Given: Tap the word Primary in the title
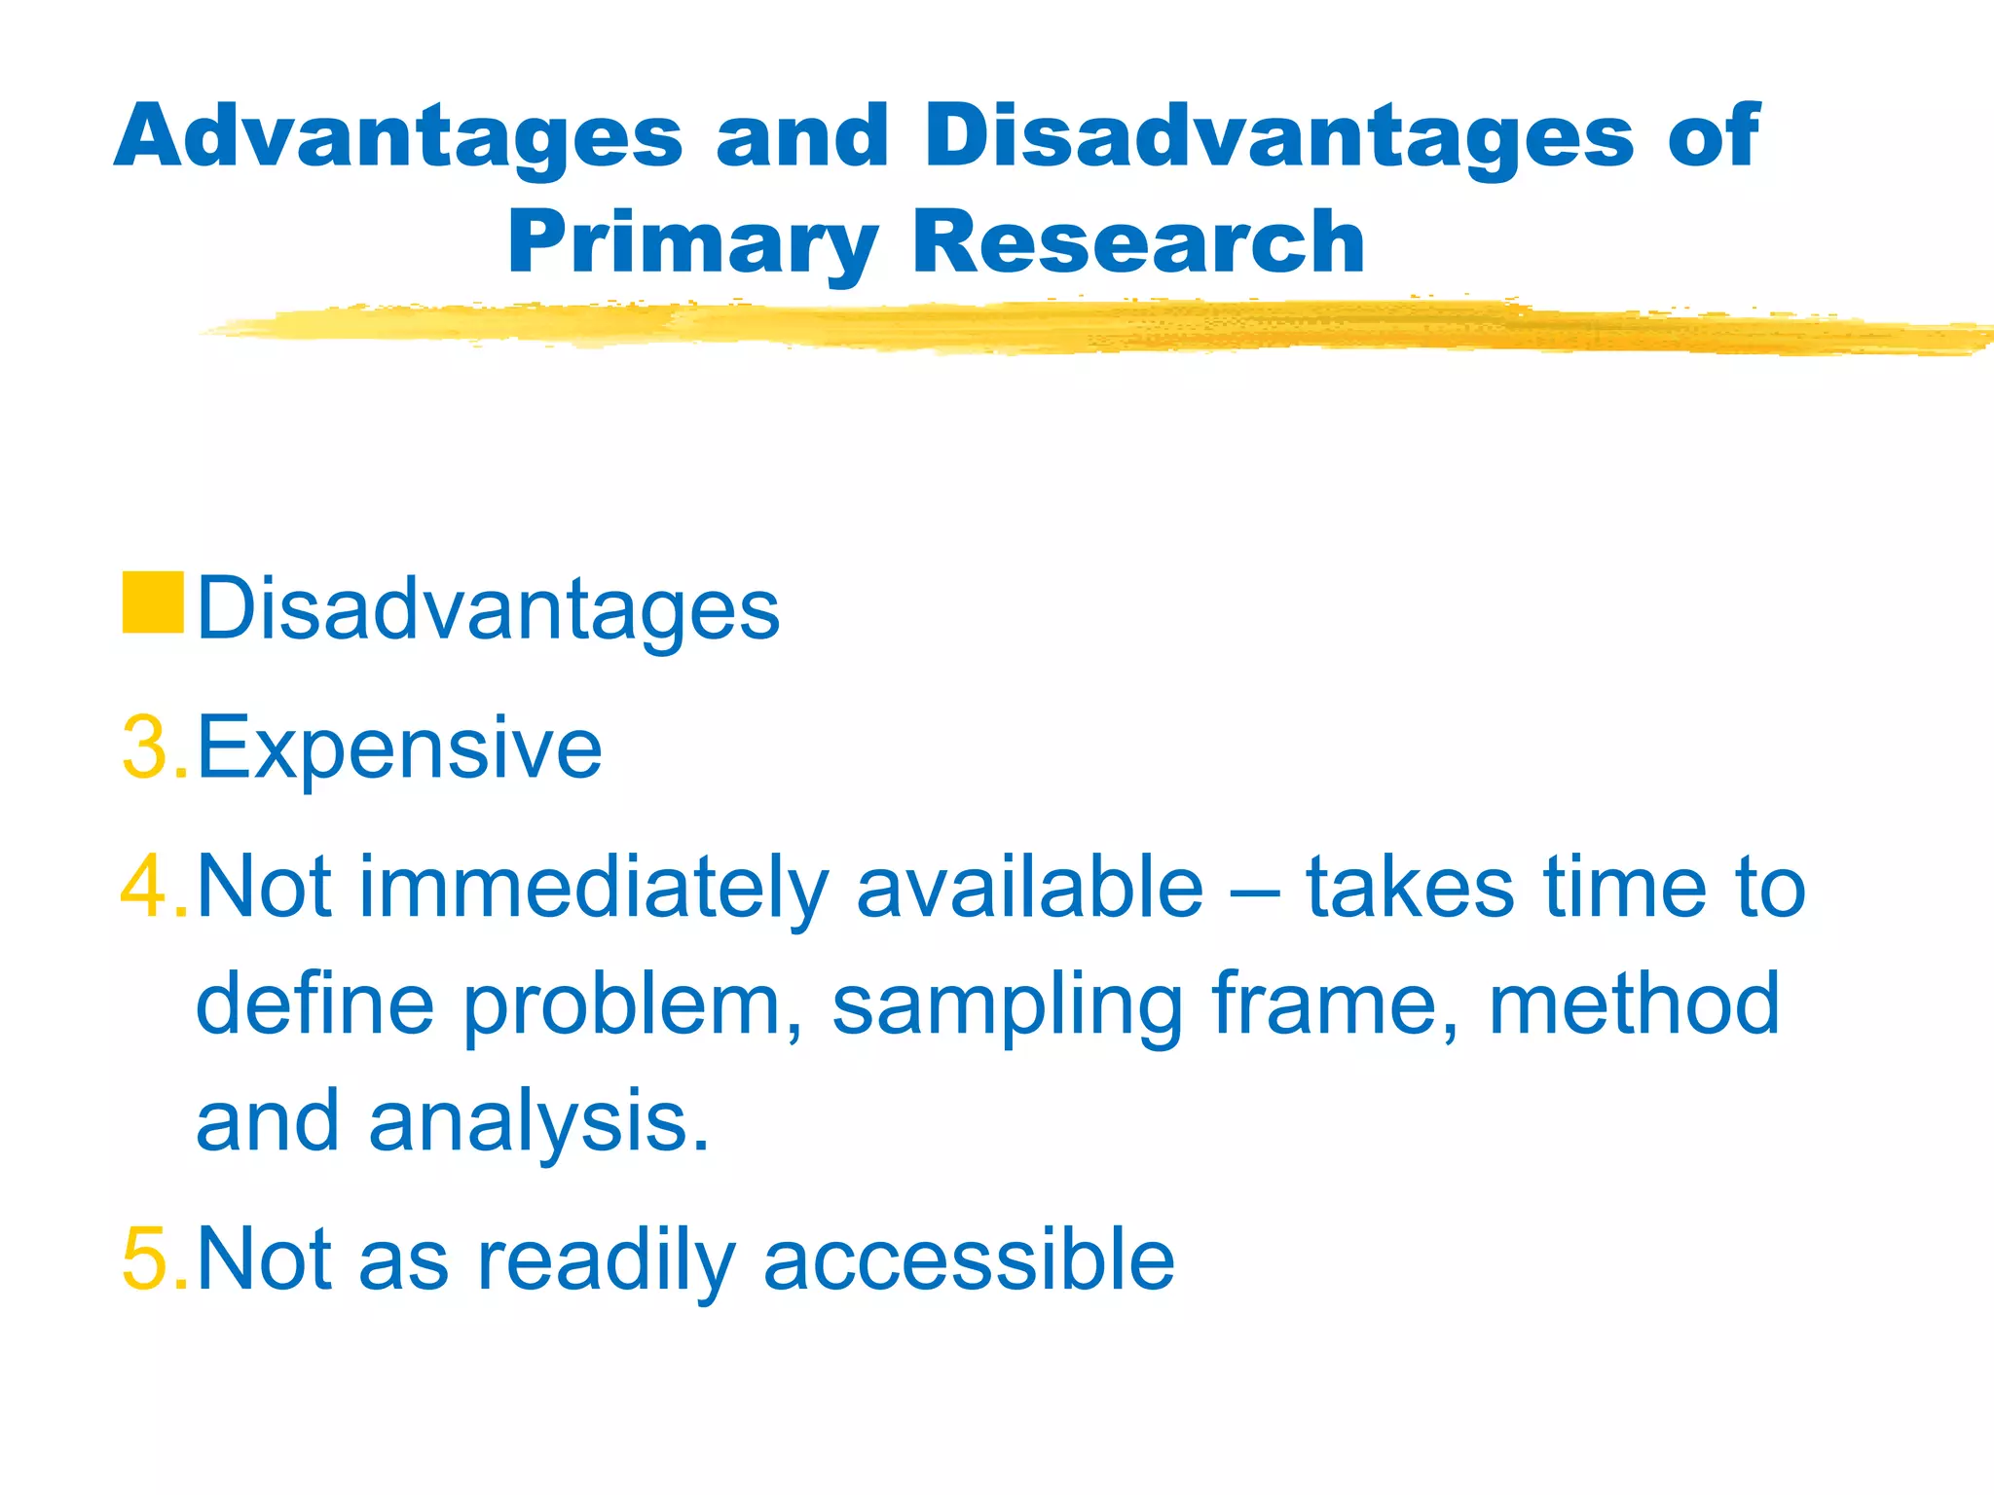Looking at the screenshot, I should [x=692, y=243].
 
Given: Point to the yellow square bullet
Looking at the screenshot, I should [x=153, y=603].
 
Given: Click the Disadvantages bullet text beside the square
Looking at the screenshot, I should [x=488, y=609].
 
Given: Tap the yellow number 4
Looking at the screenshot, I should [x=144, y=886].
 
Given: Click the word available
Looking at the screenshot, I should [x=1029, y=886].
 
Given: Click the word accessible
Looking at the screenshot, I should [x=969, y=1259].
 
